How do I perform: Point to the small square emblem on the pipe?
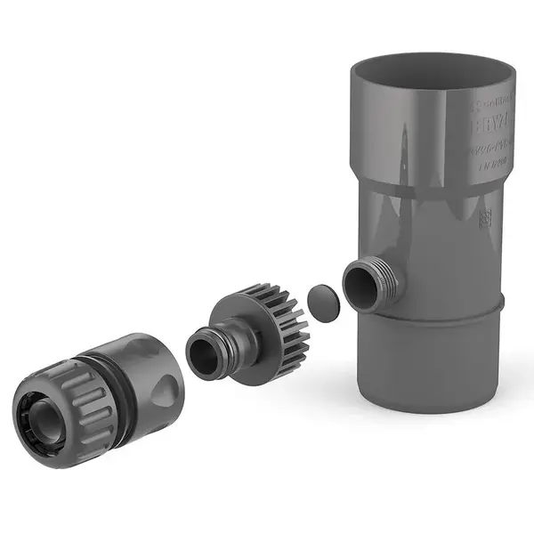pyautogui.click(x=486, y=219)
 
